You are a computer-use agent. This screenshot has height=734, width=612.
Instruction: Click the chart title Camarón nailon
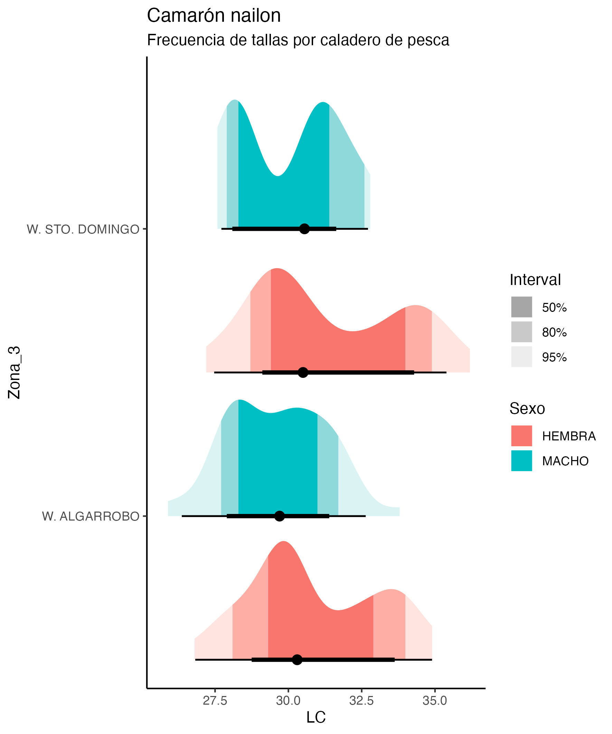coord(214,16)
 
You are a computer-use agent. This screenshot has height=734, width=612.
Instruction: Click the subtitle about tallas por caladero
coord(298,40)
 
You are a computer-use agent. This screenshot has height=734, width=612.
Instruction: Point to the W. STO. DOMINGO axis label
coord(83,230)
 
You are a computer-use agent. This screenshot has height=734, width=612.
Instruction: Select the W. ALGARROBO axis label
coord(91,516)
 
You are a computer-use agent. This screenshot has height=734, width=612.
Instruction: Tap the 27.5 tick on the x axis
coord(215,700)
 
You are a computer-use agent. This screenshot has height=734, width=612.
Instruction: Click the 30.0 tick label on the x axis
coord(288,700)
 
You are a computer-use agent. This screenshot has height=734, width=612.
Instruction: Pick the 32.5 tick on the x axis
coord(361,700)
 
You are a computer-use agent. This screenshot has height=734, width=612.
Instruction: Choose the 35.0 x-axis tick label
coord(435,700)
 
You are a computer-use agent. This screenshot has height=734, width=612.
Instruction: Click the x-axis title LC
coord(316,717)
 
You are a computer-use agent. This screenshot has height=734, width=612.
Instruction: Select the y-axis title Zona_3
coord(15,373)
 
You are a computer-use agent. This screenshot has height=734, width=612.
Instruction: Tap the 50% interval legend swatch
coord(521,307)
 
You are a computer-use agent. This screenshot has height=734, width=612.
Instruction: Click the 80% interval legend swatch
coord(521,332)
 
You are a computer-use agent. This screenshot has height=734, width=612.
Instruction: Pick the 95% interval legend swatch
coord(521,356)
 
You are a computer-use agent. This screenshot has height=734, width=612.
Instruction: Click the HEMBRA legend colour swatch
coord(521,436)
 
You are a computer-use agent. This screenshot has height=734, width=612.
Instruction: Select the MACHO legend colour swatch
coord(521,461)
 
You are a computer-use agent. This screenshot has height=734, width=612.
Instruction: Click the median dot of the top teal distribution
coord(304,229)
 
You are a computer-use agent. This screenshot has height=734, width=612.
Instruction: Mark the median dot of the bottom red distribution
coord(297,659)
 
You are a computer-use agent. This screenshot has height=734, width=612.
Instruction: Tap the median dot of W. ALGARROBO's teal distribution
coord(280,516)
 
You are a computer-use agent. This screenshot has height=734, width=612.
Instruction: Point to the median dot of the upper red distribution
coord(303,373)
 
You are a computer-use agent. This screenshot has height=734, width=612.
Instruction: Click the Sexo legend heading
coord(527,408)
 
